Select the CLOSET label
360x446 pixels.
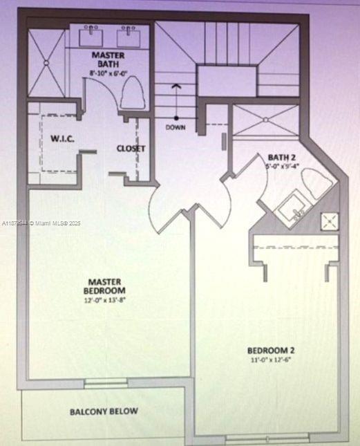(x=130, y=148)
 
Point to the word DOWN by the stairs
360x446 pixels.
(x=176, y=127)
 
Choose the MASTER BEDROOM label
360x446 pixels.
(x=105, y=286)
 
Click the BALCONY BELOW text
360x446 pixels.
(x=104, y=411)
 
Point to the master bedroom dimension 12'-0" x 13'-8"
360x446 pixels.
(x=105, y=300)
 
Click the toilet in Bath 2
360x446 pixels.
(x=317, y=185)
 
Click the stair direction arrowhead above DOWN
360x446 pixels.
(x=176, y=86)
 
